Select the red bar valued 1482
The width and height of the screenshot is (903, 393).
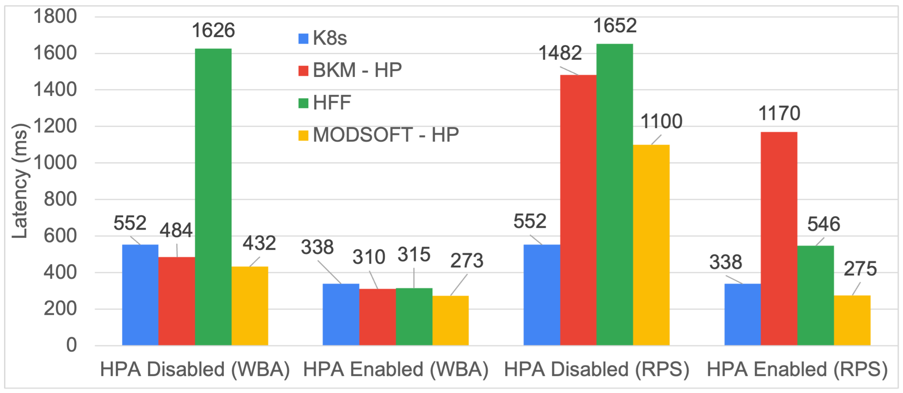pos(578,210)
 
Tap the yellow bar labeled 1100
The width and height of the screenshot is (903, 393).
pos(651,245)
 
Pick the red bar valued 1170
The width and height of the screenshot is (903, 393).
pos(779,239)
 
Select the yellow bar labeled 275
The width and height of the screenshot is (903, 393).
pos(852,320)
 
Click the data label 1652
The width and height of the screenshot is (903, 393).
pos(615,26)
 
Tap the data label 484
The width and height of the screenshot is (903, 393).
pos(176,230)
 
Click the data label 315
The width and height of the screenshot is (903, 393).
pos(414,255)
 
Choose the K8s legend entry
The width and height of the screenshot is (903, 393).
pos(322,38)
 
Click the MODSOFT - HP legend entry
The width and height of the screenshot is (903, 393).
pos(379,135)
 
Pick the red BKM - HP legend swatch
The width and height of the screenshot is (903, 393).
pos(303,71)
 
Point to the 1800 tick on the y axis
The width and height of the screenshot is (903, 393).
pos(55,16)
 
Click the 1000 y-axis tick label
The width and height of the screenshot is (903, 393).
pos(55,163)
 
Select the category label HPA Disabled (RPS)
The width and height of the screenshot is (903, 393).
pos(596,369)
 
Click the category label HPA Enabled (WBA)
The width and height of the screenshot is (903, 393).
pos(396,369)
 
